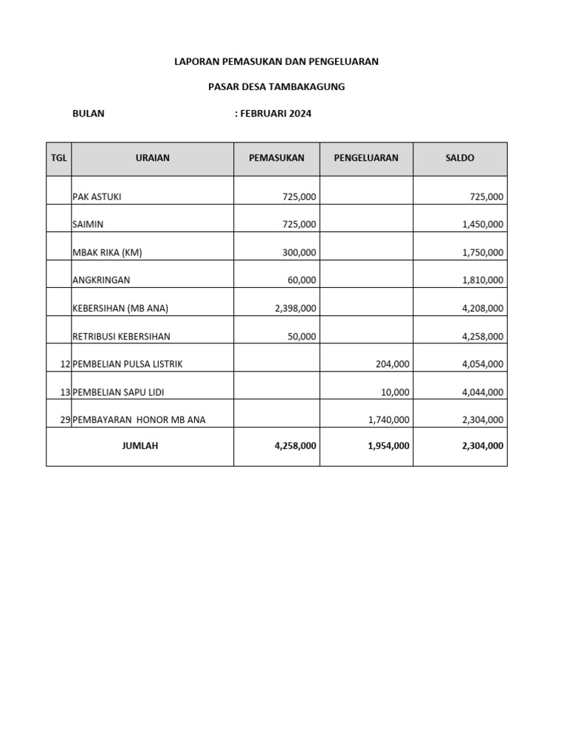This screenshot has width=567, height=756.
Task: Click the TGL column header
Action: [58, 158]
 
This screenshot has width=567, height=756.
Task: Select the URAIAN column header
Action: [153, 158]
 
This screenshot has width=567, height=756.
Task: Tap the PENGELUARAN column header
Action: [366, 158]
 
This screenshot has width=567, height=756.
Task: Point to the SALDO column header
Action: [460, 158]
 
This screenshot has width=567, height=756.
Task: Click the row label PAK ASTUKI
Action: [97, 196]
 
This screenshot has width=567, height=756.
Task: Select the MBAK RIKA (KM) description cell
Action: [107, 252]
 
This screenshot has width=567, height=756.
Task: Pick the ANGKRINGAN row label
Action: [101, 281]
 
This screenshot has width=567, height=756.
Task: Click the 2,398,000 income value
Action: [295, 309]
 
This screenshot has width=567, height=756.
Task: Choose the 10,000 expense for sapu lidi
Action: [394, 392]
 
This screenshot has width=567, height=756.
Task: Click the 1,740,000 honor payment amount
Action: [388, 420]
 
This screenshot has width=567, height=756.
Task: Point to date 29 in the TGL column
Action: [65, 420]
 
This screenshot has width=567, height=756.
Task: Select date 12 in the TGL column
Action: [65, 364]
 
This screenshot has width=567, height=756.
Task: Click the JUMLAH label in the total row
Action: [140, 446]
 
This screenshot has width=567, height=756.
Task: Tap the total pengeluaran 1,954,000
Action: [388, 446]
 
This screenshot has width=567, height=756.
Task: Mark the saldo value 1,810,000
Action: [483, 281]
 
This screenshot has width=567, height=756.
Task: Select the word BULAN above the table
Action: [89, 114]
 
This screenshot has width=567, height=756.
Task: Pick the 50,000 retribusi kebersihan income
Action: [302, 337]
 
